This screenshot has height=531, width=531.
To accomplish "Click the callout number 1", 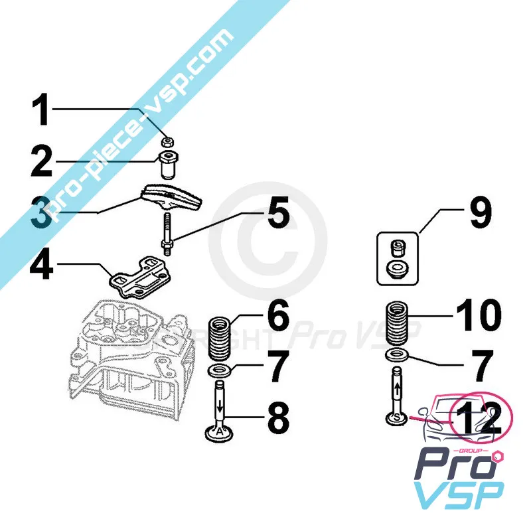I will tap(42, 111).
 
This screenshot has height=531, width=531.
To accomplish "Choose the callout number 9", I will tap(476, 214).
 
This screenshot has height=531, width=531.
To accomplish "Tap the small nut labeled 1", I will tap(169, 142).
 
